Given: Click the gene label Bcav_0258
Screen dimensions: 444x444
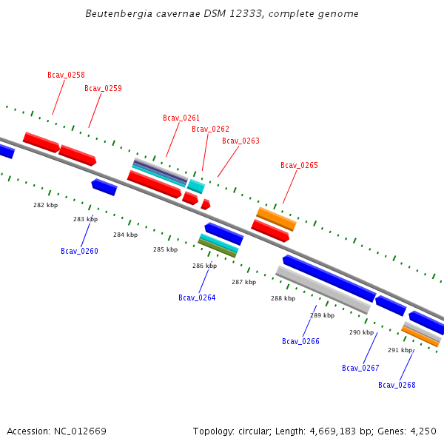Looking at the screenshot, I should pos(66,75).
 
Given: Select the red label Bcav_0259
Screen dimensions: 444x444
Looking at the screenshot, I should pos(103,88).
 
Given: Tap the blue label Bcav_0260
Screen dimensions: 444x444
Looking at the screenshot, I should pos(79,251).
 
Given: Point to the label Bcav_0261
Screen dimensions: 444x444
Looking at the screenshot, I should pos(181,118).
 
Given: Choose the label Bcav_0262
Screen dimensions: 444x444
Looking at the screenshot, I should pos(210,129).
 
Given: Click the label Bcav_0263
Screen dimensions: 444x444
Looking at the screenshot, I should pos(240,141).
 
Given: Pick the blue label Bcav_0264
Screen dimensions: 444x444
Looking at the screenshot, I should pos(197,297).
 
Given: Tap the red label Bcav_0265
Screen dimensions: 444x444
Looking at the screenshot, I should pos(299,165).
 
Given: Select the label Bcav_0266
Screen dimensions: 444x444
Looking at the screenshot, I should pos(300,341).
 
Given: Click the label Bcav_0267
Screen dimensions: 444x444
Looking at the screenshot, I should pos(360,368).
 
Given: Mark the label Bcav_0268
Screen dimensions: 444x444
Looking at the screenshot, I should pos(397,385).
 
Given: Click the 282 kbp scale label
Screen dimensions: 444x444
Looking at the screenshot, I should pos(45,205).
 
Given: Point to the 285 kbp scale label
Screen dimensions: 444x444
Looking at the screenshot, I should pos(165,249).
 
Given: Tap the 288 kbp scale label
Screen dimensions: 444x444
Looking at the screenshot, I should pos(283,298).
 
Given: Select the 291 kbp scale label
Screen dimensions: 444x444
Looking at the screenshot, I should pos(400,350).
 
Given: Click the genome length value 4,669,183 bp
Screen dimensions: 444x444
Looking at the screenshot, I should pos(359,431).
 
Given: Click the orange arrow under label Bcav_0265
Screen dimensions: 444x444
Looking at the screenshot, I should pos(276,218).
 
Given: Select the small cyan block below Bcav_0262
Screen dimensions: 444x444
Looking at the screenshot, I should pos(195,186).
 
